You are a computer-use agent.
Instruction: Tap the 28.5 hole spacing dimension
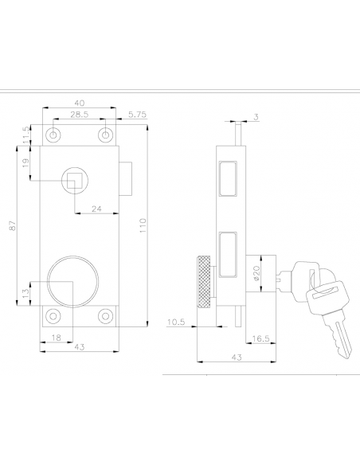pyautogui.click(x=78, y=115)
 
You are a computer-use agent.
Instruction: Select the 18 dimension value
pyautogui.click(x=56, y=338)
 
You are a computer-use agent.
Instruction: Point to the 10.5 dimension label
pyautogui.click(x=176, y=322)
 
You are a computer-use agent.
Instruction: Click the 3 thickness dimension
pyautogui.click(x=256, y=117)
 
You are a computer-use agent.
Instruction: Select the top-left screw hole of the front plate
pyautogui.click(x=53, y=135)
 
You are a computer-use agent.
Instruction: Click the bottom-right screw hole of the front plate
pyautogui.click(x=104, y=316)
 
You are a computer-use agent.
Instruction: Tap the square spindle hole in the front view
pyautogui.click(x=73, y=179)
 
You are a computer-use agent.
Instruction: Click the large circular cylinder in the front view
pyautogui.click(x=72, y=282)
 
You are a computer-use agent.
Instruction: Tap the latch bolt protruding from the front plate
pyautogui.click(x=127, y=173)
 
